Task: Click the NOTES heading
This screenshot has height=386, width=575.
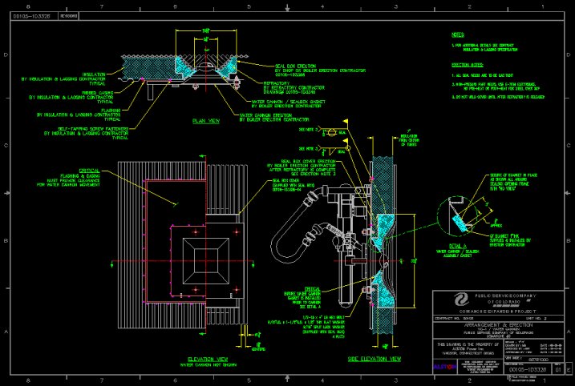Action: tap(458, 35)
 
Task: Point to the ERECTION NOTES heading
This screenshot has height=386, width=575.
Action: tap(466, 62)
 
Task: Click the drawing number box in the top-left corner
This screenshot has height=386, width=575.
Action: tap(33, 14)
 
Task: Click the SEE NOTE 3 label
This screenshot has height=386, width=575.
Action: tap(306, 129)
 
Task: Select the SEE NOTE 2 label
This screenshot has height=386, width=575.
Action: tap(306, 148)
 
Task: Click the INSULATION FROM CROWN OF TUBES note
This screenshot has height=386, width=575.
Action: tap(411, 141)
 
